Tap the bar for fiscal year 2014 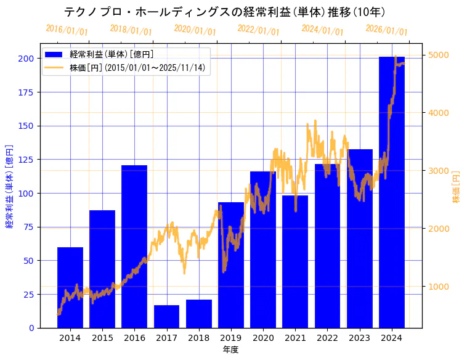click(70, 287)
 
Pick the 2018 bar click(199, 314)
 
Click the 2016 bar click(134, 247)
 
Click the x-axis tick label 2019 click(231, 338)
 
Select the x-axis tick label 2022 click(327, 338)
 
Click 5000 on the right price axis click(439, 55)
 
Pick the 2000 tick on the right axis click(439, 229)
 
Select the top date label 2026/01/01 click(386, 30)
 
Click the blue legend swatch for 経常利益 click(54, 55)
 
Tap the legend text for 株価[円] click(137, 67)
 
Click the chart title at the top click(225, 12)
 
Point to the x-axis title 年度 click(230, 350)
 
